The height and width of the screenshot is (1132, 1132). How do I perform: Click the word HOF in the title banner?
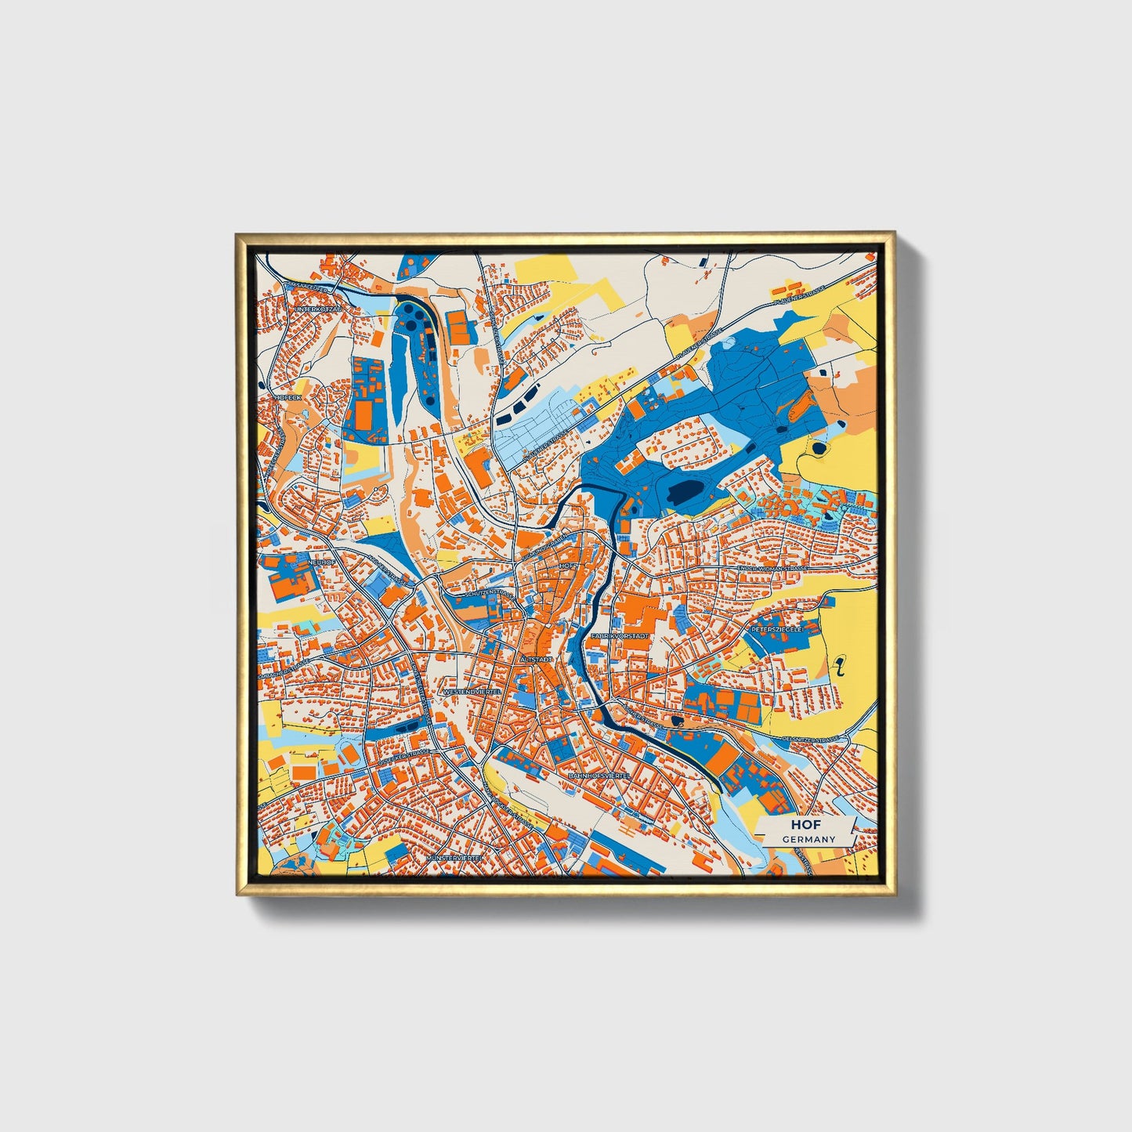point(800,825)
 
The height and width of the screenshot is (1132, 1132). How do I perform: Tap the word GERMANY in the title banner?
point(808,839)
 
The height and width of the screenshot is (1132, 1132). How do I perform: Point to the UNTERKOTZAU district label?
point(319,309)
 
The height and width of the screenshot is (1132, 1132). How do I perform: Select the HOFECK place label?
point(288,397)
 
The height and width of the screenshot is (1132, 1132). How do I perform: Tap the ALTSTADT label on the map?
point(536,660)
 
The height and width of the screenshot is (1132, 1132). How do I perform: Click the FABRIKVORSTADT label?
point(620,636)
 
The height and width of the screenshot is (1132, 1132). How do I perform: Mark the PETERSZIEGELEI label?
point(778,629)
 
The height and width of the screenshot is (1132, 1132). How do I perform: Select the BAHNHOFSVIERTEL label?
point(599,774)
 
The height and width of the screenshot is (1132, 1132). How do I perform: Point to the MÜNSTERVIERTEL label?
point(454,859)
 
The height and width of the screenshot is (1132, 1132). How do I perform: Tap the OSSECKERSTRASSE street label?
point(404,758)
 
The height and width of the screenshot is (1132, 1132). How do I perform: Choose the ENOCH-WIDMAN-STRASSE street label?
point(767,568)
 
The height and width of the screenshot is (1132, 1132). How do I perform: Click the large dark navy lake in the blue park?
point(686,492)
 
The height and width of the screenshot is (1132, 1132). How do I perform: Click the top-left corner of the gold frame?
point(237,233)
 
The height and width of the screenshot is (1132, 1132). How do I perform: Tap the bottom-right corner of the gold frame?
point(895,895)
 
